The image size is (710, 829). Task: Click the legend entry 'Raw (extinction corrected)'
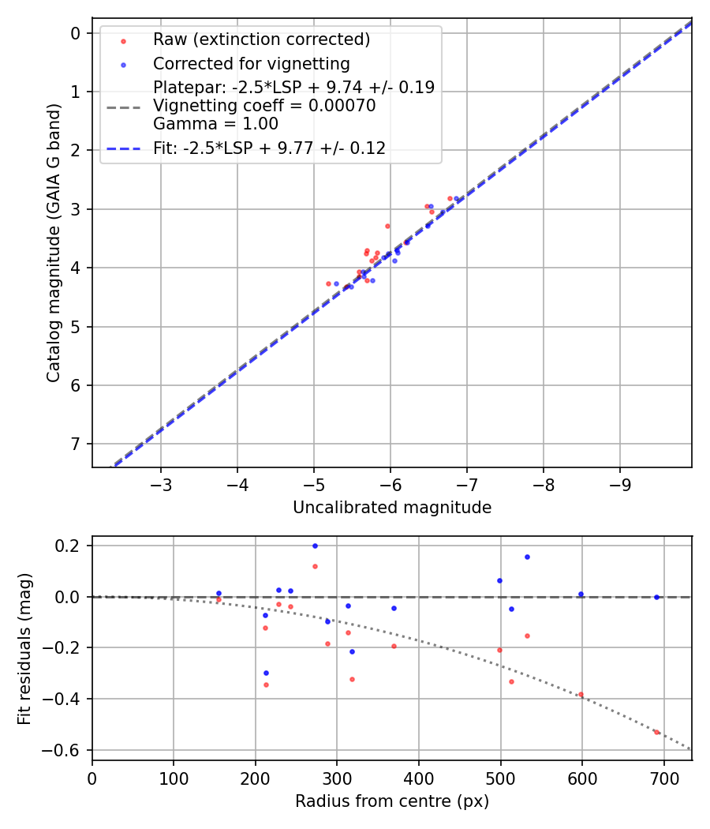[x=261, y=39]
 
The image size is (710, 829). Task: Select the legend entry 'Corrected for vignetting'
[x=251, y=63]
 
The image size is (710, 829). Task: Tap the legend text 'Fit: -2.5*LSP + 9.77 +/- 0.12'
[x=269, y=148]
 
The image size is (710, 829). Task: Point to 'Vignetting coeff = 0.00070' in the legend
[x=264, y=106]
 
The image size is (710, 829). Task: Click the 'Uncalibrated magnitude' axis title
[x=392, y=508]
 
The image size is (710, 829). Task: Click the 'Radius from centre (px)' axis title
[x=392, y=801]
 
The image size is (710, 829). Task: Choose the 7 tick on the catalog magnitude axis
[x=76, y=444]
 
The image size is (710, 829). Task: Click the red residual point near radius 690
[x=656, y=732]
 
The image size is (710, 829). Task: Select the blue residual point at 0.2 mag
[x=315, y=546]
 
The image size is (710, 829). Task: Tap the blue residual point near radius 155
[x=219, y=593]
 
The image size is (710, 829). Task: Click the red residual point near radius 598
[x=581, y=695]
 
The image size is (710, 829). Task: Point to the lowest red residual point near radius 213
[x=266, y=685]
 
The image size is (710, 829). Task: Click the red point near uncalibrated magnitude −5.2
[x=328, y=283]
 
